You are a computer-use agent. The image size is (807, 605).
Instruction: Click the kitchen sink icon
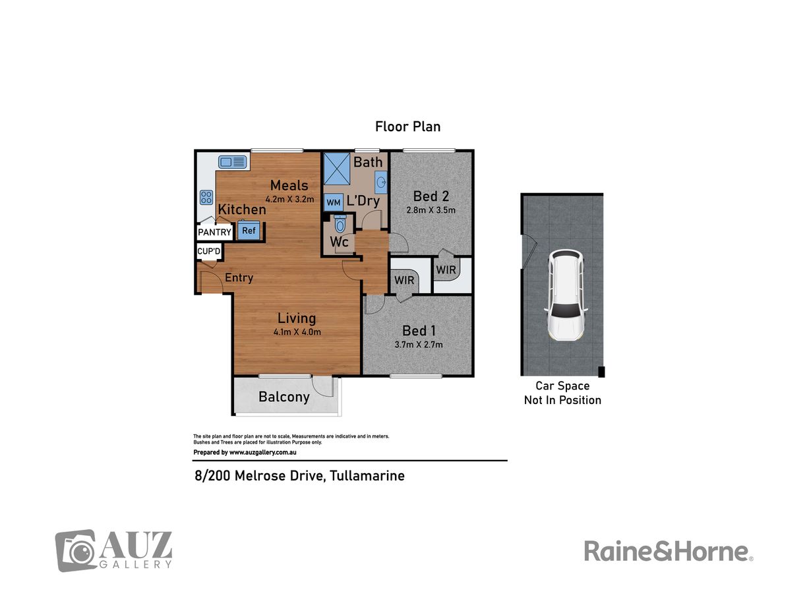(232, 161)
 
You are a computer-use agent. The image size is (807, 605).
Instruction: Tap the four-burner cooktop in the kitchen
(206, 197)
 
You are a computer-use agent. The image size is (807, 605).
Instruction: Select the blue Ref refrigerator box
(249, 230)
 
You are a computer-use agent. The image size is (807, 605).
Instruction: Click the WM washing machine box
(334, 202)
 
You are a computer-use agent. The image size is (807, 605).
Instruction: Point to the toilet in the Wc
(340, 223)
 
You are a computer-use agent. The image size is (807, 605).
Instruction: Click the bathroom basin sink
(381, 182)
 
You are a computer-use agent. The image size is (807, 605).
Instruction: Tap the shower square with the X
(337, 169)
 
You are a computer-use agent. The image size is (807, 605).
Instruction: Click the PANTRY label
(215, 232)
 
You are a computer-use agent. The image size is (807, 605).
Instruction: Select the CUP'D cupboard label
(209, 251)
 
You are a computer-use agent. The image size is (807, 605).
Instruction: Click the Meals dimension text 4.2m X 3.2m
(289, 200)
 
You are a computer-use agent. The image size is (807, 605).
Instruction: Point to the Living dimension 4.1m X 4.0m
(297, 332)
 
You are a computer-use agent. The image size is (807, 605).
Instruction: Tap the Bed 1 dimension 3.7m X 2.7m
(419, 345)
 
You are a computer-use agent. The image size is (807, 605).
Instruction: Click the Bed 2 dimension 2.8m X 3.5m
(431, 210)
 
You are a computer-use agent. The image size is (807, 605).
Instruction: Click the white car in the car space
(566, 295)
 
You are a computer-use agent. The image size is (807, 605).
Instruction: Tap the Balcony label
(284, 397)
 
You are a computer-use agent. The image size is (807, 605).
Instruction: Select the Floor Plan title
(407, 127)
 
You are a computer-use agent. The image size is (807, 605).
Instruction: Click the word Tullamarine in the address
(367, 476)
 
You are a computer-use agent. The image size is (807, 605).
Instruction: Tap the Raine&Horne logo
(669, 551)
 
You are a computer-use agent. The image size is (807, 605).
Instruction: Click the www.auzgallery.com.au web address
(263, 453)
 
